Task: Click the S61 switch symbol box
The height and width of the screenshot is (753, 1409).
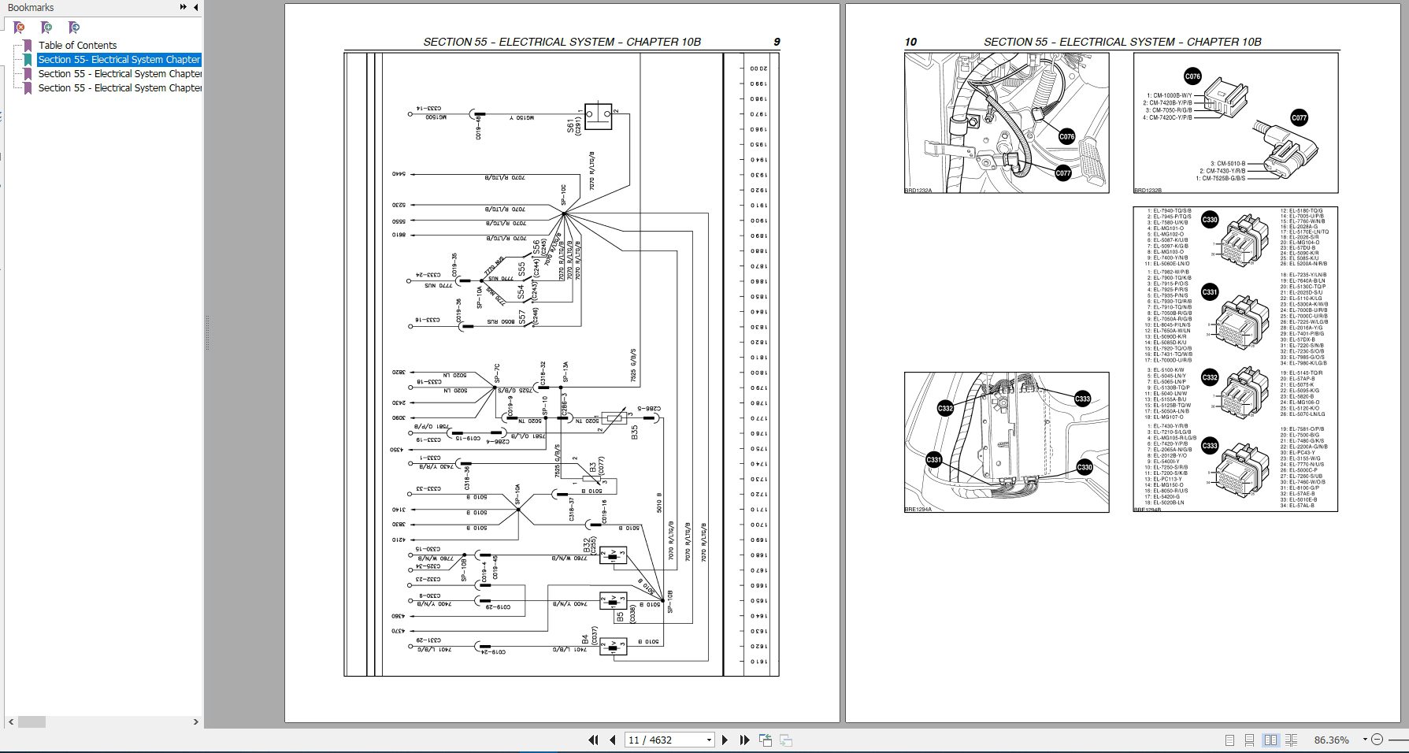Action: pyautogui.click(x=599, y=114)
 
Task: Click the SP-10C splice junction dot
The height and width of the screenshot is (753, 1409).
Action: pyautogui.click(x=564, y=213)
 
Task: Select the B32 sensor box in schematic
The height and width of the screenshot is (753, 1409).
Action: pyautogui.click(x=613, y=555)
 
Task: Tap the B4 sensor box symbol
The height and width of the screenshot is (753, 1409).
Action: pyautogui.click(x=613, y=647)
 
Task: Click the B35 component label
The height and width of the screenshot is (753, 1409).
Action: pyautogui.click(x=635, y=432)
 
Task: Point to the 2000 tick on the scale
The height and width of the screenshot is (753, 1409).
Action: pyautogui.click(x=758, y=69)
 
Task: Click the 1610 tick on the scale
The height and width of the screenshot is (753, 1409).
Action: pyautogui.click(x=758, y=662)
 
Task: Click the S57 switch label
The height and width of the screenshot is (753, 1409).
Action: pyautogui.click(x=522, y=317)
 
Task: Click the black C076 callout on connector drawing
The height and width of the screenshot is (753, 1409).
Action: pyautogui.click(x=1192, y=76)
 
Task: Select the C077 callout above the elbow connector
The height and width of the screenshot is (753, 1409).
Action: pyautogui.click(x=1299, y=118)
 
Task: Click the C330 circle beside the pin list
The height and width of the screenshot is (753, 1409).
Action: pyautogui.click(x=1210, y=220)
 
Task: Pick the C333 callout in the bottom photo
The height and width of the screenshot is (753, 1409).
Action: pyautogui.click(x=1082, y=399)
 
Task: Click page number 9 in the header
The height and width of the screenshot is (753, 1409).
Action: pyautogui.click(x=777, y=42)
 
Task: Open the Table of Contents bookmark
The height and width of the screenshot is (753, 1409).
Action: pyautogui.click(x=77, y=45)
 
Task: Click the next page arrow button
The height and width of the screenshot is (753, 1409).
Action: pyautogui.click(x=725, y=740)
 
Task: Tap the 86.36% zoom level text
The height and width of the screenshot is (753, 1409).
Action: pyautogui.click(x=1331, y=740)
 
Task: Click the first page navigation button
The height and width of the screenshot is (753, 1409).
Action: pyautogui.click(x=594, y=740)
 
